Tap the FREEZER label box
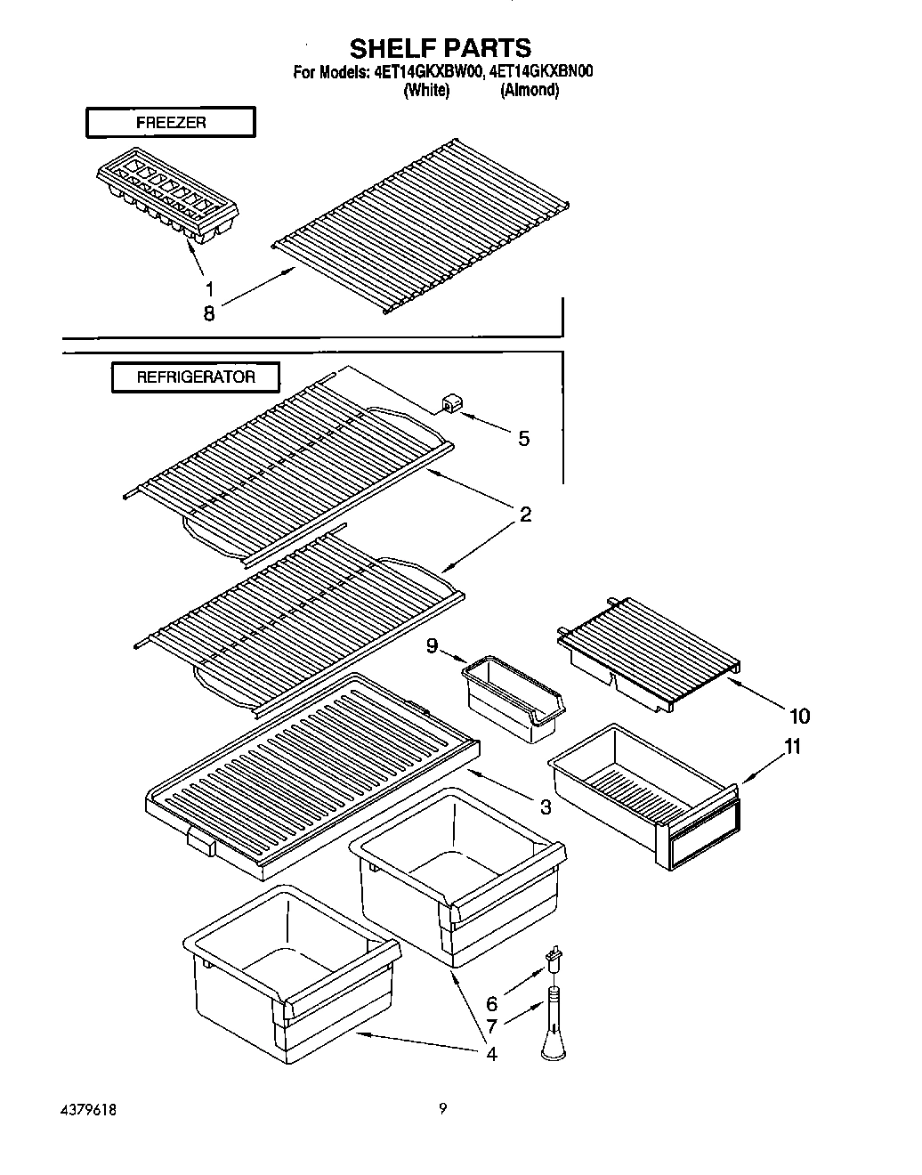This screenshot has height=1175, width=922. [x=170, y=123]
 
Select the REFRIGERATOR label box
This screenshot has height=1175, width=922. [x=195, y=377]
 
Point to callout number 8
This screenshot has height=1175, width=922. [x=209, y=313]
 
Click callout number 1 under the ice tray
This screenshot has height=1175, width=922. [x=209, y=288]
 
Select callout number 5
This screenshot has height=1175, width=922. [x=523, y=438]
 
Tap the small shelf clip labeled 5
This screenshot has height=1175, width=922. [x=449, y=405]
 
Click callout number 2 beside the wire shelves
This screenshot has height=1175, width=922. [x=525, y=515]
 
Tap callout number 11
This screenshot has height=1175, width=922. [x=792, y=746]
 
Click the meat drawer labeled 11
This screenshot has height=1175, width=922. [x=645, y=792]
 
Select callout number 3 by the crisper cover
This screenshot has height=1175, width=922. [x=545, y=807]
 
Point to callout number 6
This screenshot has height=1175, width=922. [x=491, y=1003]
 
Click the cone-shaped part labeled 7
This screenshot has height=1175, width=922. [x=554, y=1033]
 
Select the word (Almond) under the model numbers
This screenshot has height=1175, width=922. [x=530, y=90]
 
